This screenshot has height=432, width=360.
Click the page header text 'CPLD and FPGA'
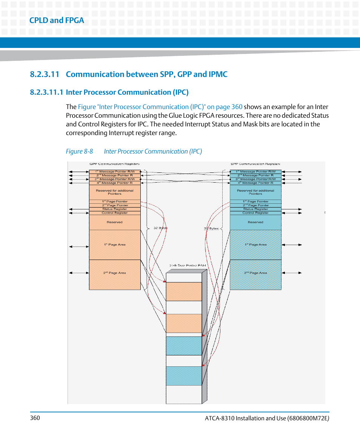[57, 20]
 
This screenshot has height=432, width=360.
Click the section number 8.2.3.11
[45, 74]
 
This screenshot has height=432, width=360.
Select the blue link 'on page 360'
[225, 107]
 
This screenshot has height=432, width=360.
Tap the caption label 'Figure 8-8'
[79, 151]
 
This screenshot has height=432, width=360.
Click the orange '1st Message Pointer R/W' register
[115, 172]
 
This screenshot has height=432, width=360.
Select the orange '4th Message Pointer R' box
[115, 183]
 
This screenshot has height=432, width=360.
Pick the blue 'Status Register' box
[255, 209]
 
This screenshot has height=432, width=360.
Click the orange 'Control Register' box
[115, 213]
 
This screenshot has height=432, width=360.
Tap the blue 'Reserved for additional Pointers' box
[255, 192]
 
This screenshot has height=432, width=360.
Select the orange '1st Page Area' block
[115, 244]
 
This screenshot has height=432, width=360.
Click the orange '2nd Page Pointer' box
[115, 205]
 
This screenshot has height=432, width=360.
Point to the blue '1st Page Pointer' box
[255, 201]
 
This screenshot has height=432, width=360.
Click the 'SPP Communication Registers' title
[255, 164]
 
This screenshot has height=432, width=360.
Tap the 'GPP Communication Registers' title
[115, 164]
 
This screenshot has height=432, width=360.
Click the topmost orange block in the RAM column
[184, 292]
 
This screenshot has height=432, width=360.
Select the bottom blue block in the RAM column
[184, 376]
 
